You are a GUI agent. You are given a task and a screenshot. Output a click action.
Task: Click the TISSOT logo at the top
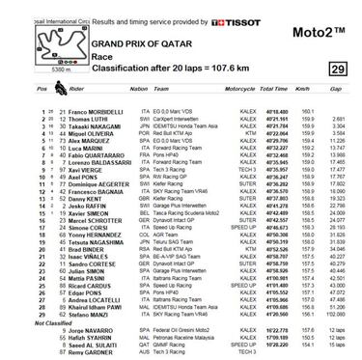pyautogui.click(x=213, y=19)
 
